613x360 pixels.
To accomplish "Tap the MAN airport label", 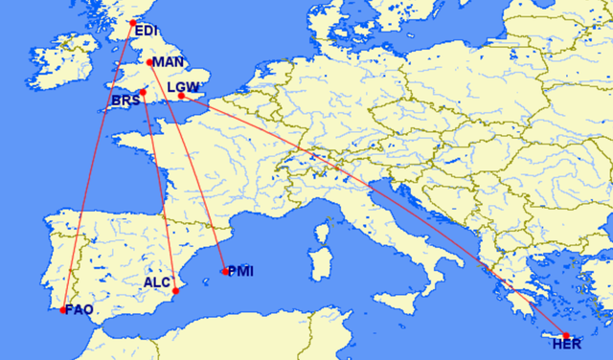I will [168, 62].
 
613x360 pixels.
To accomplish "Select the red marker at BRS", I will [143, 93].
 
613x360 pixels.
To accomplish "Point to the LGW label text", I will [182, 87].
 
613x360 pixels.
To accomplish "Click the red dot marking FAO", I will [63, 310].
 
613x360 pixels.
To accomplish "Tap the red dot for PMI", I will [225, 271].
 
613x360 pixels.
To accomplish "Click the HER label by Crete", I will [554, 346].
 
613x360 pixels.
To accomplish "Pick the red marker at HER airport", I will [566, 335].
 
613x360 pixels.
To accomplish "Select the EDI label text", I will [147, 31].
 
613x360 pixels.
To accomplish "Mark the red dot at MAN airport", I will [150, 62].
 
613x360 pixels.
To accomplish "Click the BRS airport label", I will [125, 101].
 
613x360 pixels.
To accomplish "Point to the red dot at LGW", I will [181, 96].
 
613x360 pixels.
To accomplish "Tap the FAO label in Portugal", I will [79, 309].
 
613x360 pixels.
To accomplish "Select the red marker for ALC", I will [176, 291].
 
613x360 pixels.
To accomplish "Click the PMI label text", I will [240, 271].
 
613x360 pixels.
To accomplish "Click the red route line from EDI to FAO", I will [97, 168].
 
